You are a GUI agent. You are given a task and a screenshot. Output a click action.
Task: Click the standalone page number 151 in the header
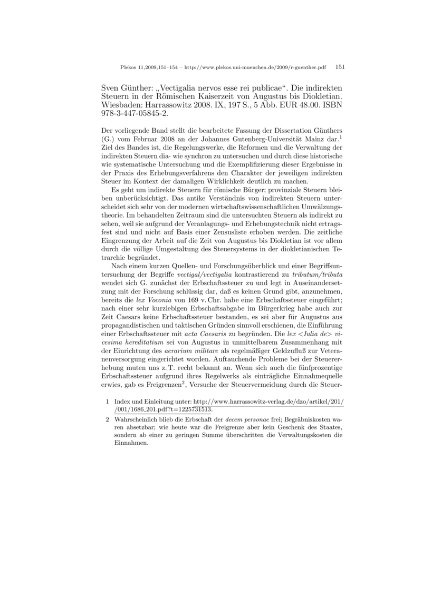pos(340,67)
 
